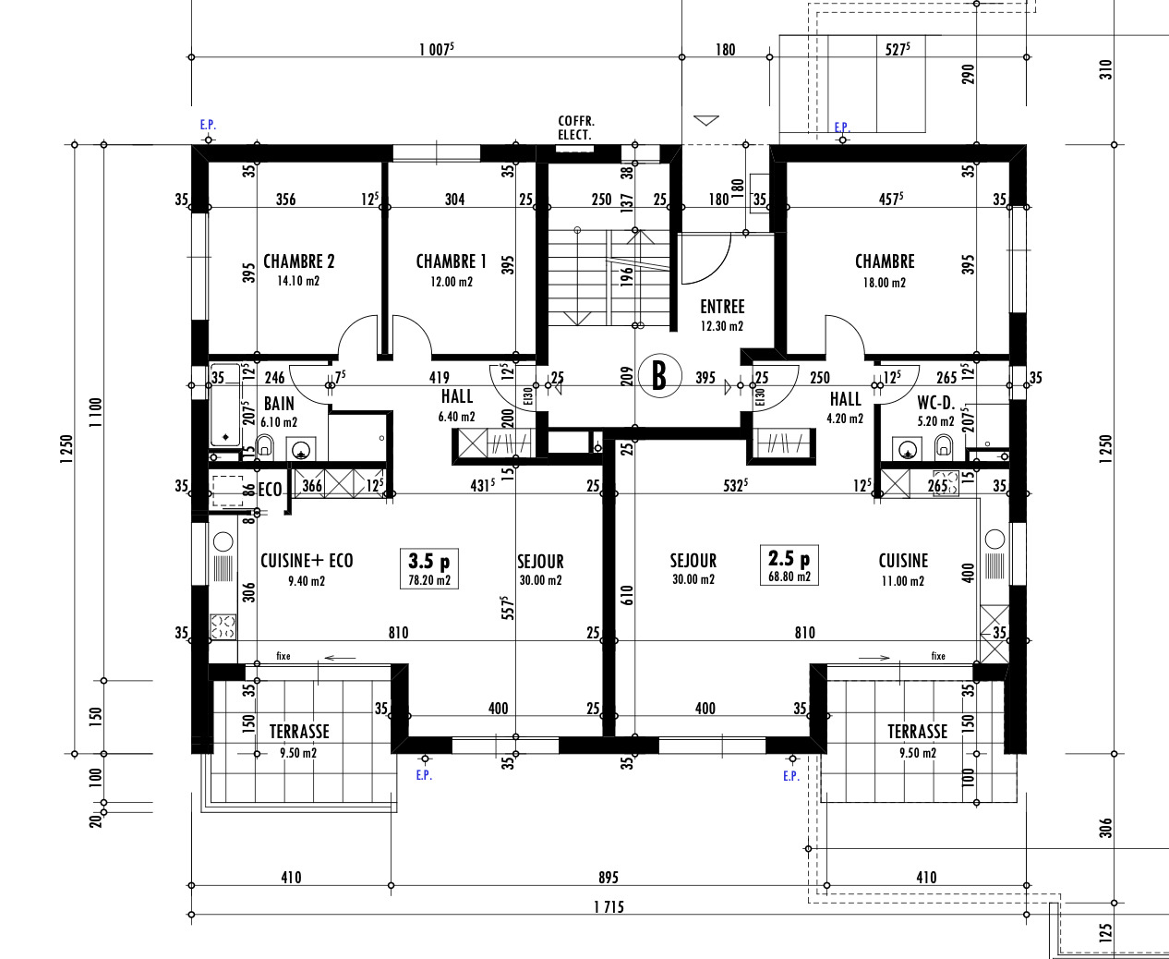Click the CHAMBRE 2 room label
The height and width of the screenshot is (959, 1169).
pyautogui.click(x=298, y=261)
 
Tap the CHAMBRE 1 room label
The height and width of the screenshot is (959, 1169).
pyautogui.click(x=451, y=261)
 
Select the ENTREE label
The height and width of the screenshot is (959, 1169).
pyautogui.click(x=722, y=307)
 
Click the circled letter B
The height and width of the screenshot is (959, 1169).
pyautogui.click(x=659, y=376)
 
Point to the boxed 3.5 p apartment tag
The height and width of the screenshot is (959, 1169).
pyautogui.click(x=429, y=568)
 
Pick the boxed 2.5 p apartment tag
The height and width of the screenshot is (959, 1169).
pyautogui.click(x=789, y=564)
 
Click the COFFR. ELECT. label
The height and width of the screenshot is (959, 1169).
pyautogui.click(x=576, y=128)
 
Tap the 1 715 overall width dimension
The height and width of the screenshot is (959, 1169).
pyautogui.click(x=609, y=907)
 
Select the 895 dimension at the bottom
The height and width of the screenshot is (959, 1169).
pyautogui.click(x=608, y=878)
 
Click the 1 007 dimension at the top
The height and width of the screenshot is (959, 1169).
pyautogui.click(x=436, y=49)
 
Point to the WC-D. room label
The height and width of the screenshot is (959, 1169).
pyautogui.click(x=935, y=403)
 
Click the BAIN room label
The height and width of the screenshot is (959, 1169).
pyautogui.click(x=279, y=404)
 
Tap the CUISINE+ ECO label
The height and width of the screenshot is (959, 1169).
pyautogui.click(x=307, y=561)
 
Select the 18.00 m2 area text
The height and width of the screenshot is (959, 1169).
pyautogui.click(x=884, y=283)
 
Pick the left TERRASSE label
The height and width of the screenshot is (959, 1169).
pyautogui.click(x=299, y=732)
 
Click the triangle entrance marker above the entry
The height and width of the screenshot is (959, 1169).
pyautogui.click(x=706, y=120)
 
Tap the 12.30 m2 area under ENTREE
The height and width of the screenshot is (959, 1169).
pyautogui.click(x=722, y=326)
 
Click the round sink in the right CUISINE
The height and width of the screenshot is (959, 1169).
pyautogui.click(x=994, y=540)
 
